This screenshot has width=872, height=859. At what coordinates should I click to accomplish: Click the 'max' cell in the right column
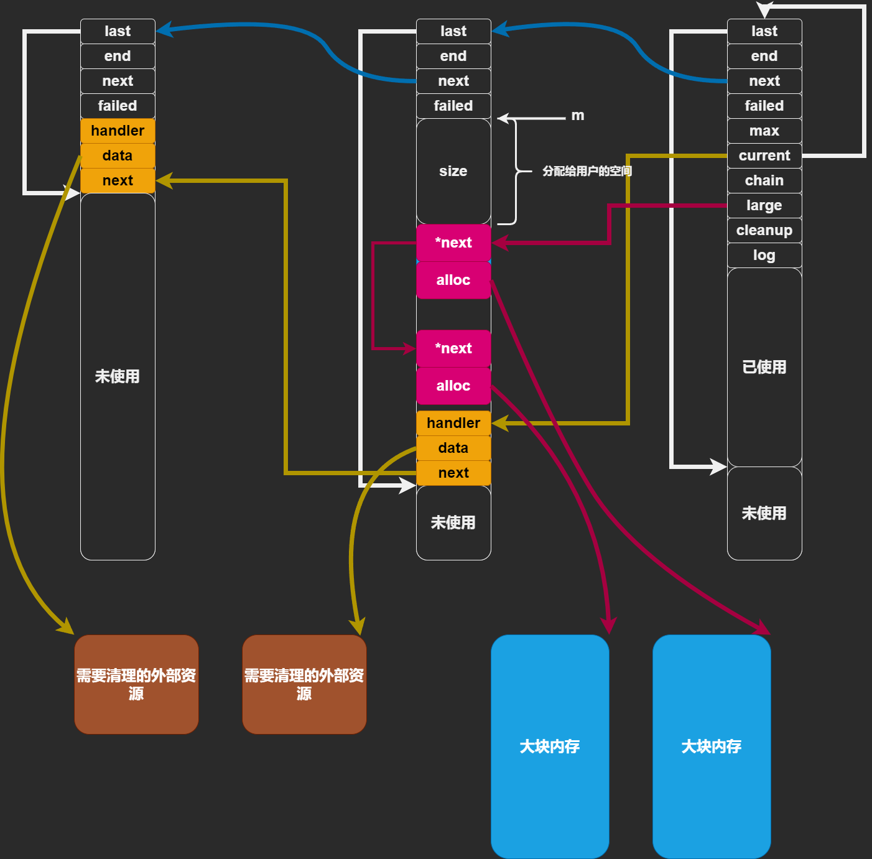pyautogui.click(x=764, y=131)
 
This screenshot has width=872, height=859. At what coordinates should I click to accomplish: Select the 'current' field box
pyautogui.click(x=764, y=156)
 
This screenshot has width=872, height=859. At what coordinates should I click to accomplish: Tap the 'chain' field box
pyautogui.click(x=764, y=180)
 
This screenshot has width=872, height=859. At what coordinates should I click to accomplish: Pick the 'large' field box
pyautogui.click(x=764, y=205)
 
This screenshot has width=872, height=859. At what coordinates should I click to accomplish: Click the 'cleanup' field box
pyautogui.click(x=764, y=230)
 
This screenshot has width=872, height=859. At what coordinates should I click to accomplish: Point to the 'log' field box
pyautogui.click(x=764, y=255)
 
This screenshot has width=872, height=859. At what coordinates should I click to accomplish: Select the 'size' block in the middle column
pyautogui.click(x=453, y=171)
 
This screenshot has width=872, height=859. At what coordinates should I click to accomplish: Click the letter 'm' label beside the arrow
pyautogui.click(x=578, y=116)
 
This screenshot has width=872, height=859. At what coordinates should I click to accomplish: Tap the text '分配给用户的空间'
pyautogui.click(x=587, y=171)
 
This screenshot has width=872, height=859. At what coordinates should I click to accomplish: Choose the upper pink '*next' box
pyautogui.click(x=453, y=243)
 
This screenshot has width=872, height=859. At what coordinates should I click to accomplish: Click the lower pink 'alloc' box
pyautogui.click(x=453, y=386)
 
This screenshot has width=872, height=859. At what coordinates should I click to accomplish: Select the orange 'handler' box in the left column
pyautogui.click(x=118, y=131)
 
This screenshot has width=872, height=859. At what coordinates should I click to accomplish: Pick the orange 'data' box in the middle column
pyautogui.click(x=453, y=448)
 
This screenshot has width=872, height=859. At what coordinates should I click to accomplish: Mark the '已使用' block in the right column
pyautogui.click(x=764, y=367)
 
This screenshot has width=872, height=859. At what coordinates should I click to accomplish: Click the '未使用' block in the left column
pyautogui.click(x=118, y=376)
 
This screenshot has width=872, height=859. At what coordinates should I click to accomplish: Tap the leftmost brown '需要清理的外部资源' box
pyautogui.click(x=136, y=684)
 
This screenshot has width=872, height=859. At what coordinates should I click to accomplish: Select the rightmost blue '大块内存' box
pyautogui.click(x=712, y=746)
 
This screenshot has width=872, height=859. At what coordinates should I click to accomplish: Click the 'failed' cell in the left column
pyautogui.click(x=118, y=106)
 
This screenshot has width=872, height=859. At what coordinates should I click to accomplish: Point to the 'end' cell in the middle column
pyautogui.click(x=453, y=56)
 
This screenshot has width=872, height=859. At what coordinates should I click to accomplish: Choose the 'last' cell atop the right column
pyautogui.click(x=764, y=31)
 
